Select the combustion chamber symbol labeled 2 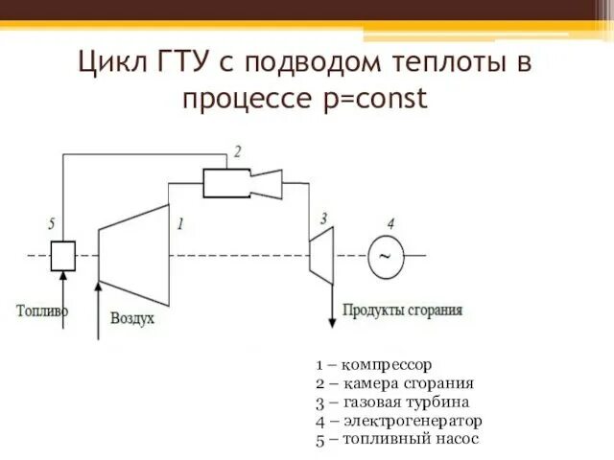tap(226, 182)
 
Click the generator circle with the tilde tap(386, 256)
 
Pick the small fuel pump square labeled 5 tap(63, 255)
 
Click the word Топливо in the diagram tap(43, 310)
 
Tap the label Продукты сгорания tap(403, 310)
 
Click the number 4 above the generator tap(390, 224)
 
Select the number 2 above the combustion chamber tap(237, 150)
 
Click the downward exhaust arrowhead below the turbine tap(333, 315)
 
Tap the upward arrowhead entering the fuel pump tap(63, 276)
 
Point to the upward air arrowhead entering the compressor tap(98, 284)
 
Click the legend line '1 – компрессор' tap(374, 365)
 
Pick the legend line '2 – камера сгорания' tap(394, 383)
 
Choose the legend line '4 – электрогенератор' tap(399, 420)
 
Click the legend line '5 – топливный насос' tap(396, 439)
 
